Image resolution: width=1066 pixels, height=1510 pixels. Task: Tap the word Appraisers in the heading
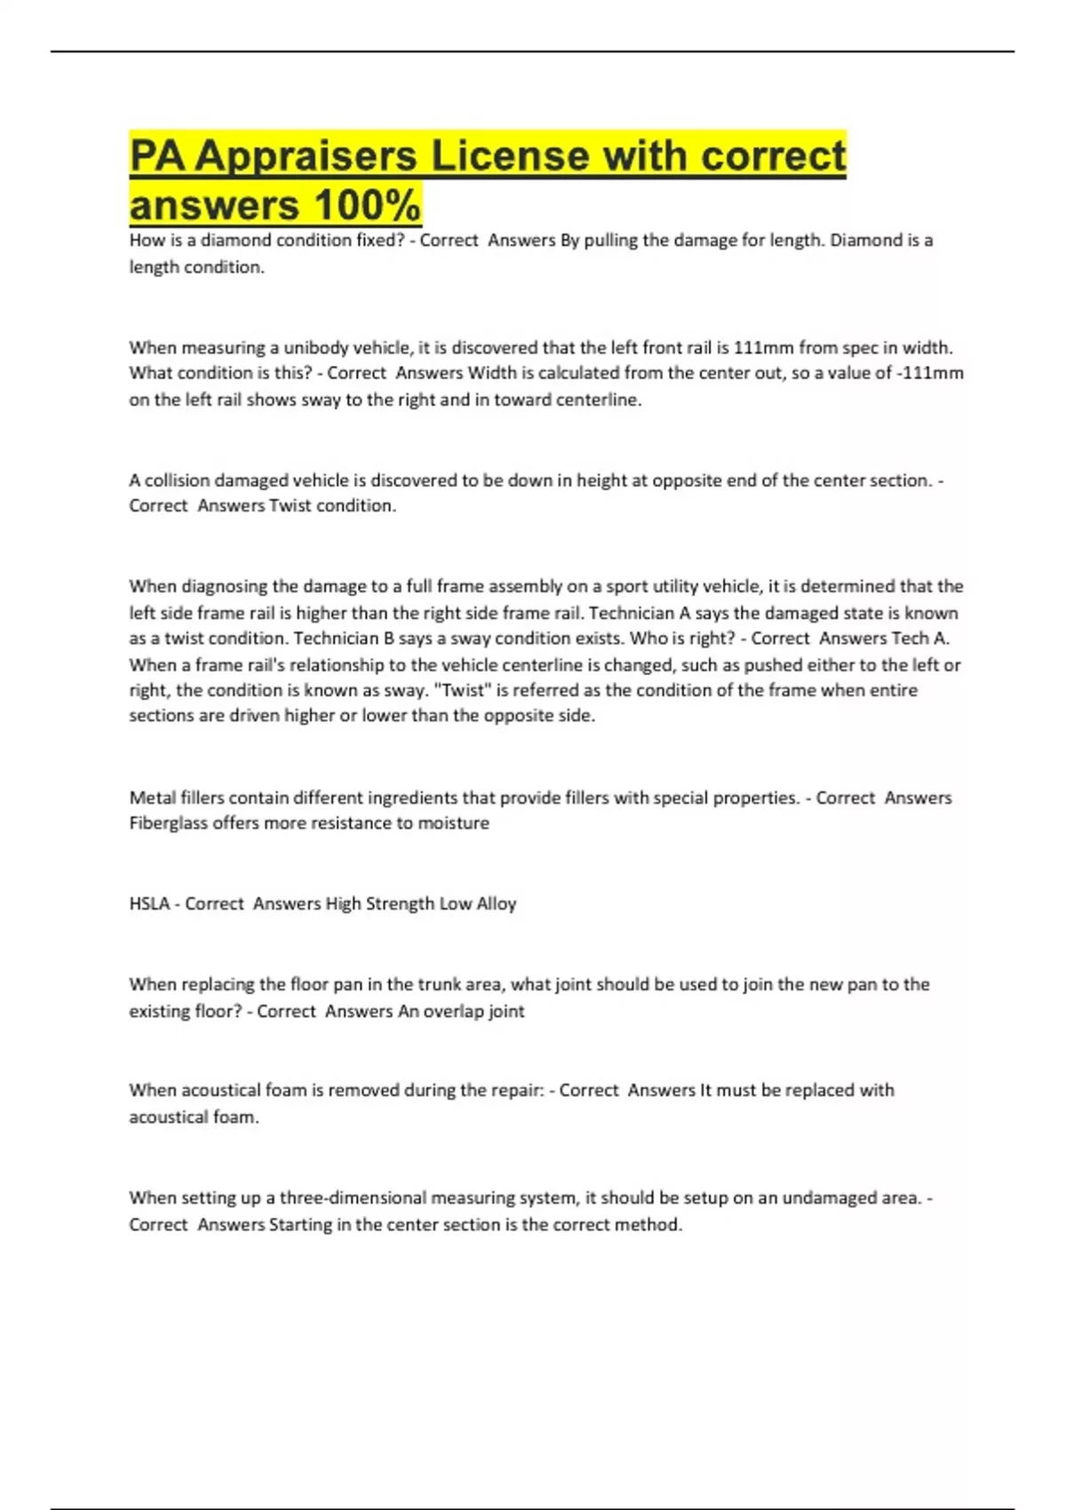point(306,156)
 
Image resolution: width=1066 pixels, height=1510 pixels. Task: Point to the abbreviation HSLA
point(149,903)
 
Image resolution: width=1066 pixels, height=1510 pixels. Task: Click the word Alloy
point(496,903)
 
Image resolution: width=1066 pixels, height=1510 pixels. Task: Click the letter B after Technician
point(388,639)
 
